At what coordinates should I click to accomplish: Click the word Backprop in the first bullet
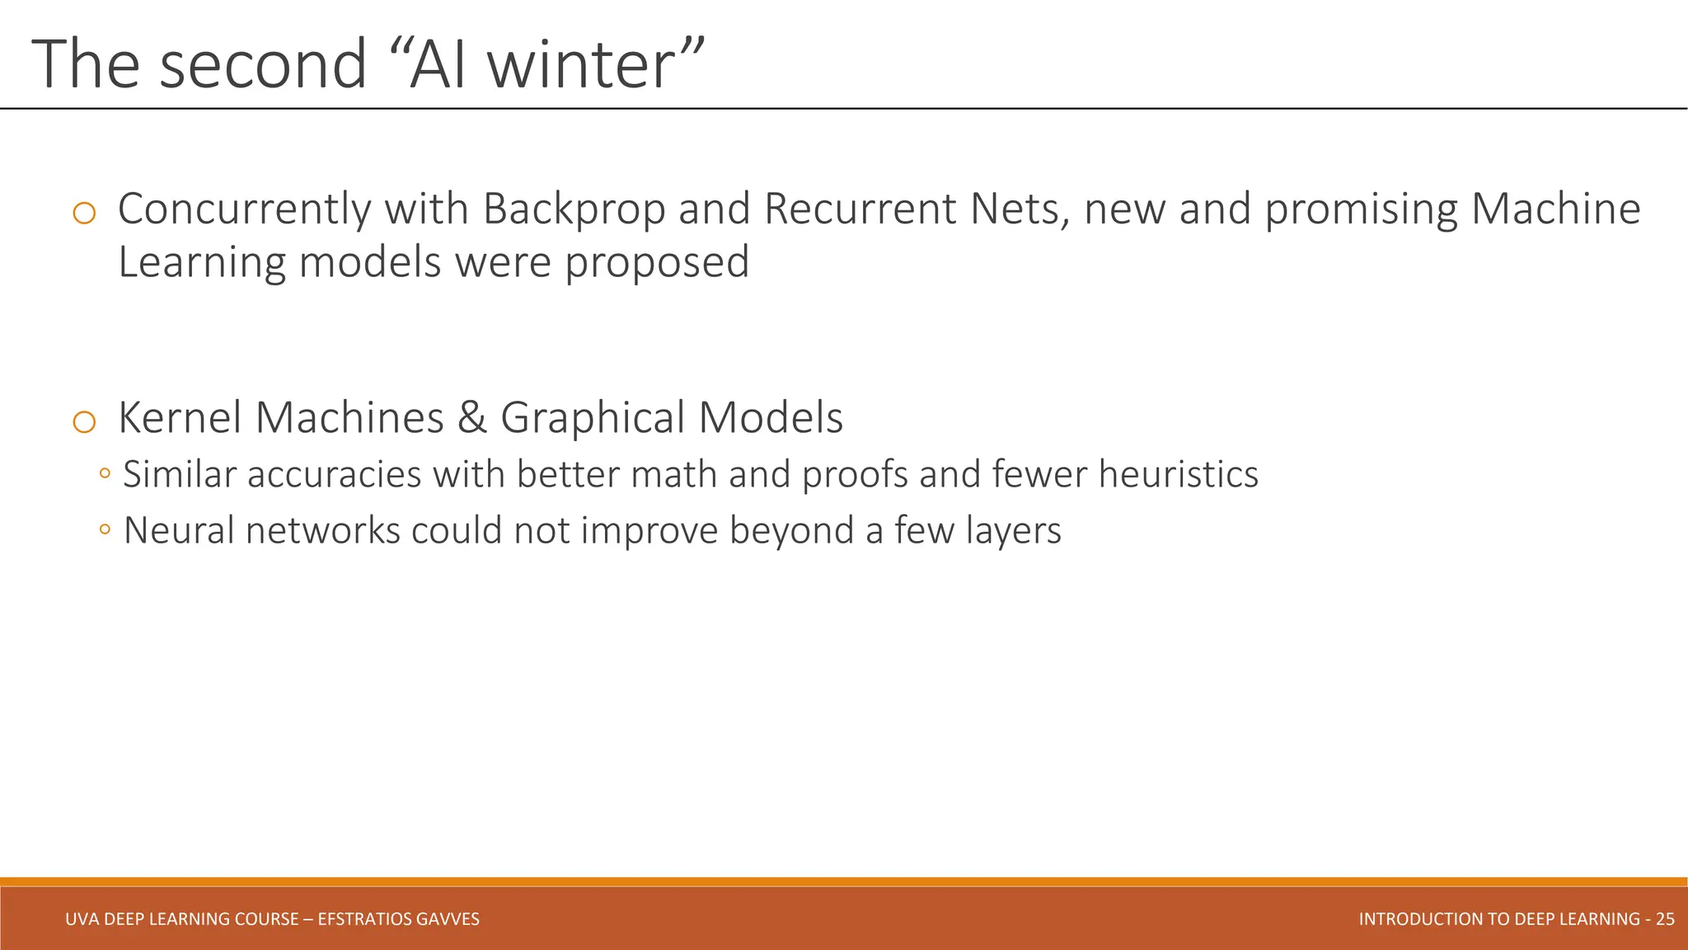(574, 209)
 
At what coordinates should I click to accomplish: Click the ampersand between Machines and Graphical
(471, 417)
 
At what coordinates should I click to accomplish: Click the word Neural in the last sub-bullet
(179, 530)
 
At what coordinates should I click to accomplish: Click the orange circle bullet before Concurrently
(84, 214)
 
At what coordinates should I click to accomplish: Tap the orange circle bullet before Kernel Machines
(84, 422)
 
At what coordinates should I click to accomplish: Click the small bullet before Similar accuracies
(105, 473)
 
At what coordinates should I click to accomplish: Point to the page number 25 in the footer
(1665, 919)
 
